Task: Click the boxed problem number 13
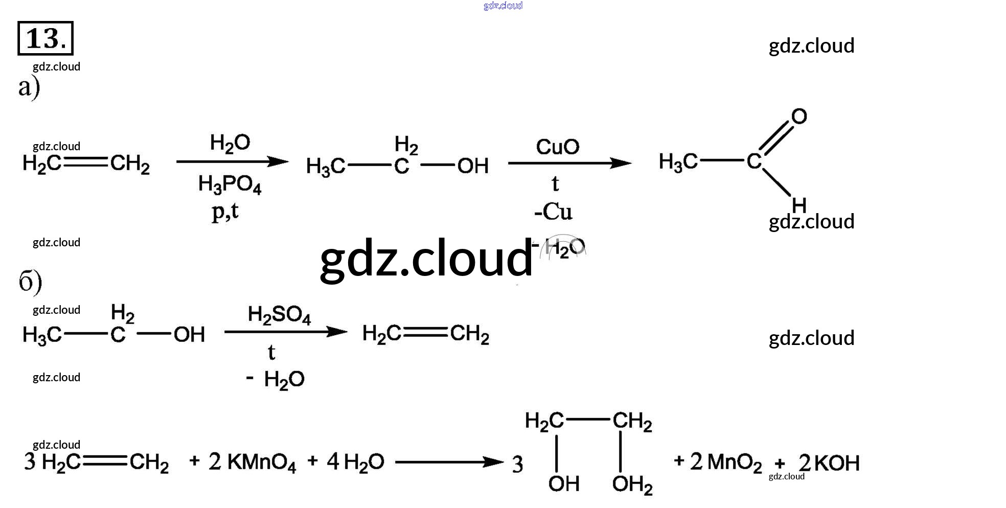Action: click(x=45, y=38)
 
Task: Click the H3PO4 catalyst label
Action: click(x=230, y=184)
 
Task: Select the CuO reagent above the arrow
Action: click(x=557, y=147)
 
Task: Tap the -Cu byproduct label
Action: click(x=553, y=212)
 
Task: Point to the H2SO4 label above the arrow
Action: click(x=279, y=315)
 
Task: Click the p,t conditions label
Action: click(x=225, y=211)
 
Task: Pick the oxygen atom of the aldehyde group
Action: click(x=799, y=117)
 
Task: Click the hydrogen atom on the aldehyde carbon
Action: click(x=799, y=205)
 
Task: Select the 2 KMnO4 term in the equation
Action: click(x=252, y=462)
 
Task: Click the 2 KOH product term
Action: click(x=829, y=463)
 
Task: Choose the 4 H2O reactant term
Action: click(x=355, y=462)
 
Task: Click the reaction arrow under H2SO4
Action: click(x=285, y=332)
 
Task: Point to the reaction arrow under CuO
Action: click(x=569, y=164)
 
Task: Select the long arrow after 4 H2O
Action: click(x=449, y=463)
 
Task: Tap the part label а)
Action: click(x=29, y=87)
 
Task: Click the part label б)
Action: click(x=30, y=281)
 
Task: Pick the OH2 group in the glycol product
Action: click(x=632, y=484)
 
